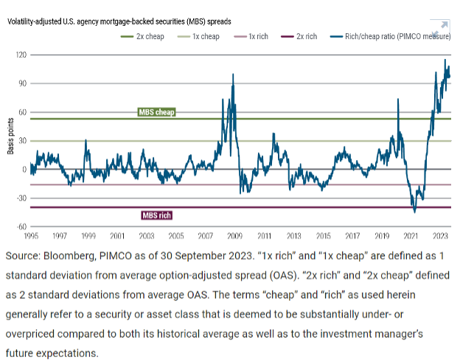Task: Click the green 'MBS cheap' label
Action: point(156,112)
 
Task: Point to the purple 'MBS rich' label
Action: point(158,216)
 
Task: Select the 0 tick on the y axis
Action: point(24,170)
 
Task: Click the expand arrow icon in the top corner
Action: point(443,25)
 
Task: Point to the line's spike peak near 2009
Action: point(234,75)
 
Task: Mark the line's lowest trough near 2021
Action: point(414,212)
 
